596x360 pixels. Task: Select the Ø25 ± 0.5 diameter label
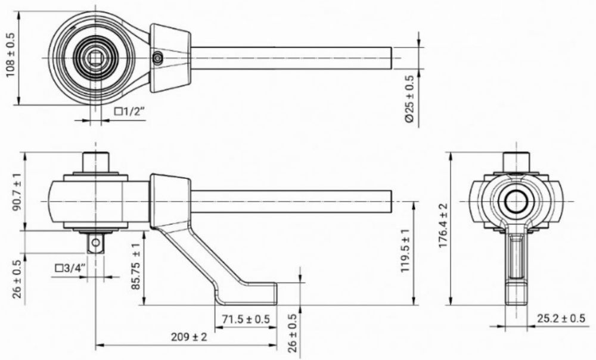[409, 99]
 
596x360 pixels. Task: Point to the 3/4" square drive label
[71, 268]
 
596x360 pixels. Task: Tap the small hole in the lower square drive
[95, 241]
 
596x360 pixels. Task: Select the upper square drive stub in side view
[96, 162]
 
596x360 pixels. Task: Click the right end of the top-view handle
[390, 58]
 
